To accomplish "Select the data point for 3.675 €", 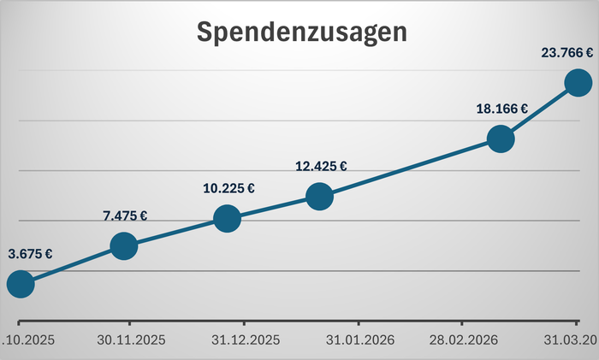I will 20,284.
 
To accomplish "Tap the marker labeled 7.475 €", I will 124,246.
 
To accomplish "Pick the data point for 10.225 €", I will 227,218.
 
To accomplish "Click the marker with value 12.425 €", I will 318,197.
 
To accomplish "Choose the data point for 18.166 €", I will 501,139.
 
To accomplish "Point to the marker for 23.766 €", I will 578,82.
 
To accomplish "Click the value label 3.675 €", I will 30,254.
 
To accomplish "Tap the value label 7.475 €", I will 125,216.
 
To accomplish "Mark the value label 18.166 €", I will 501,109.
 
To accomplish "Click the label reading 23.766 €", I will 566,52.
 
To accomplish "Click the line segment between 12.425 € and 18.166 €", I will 409,168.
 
